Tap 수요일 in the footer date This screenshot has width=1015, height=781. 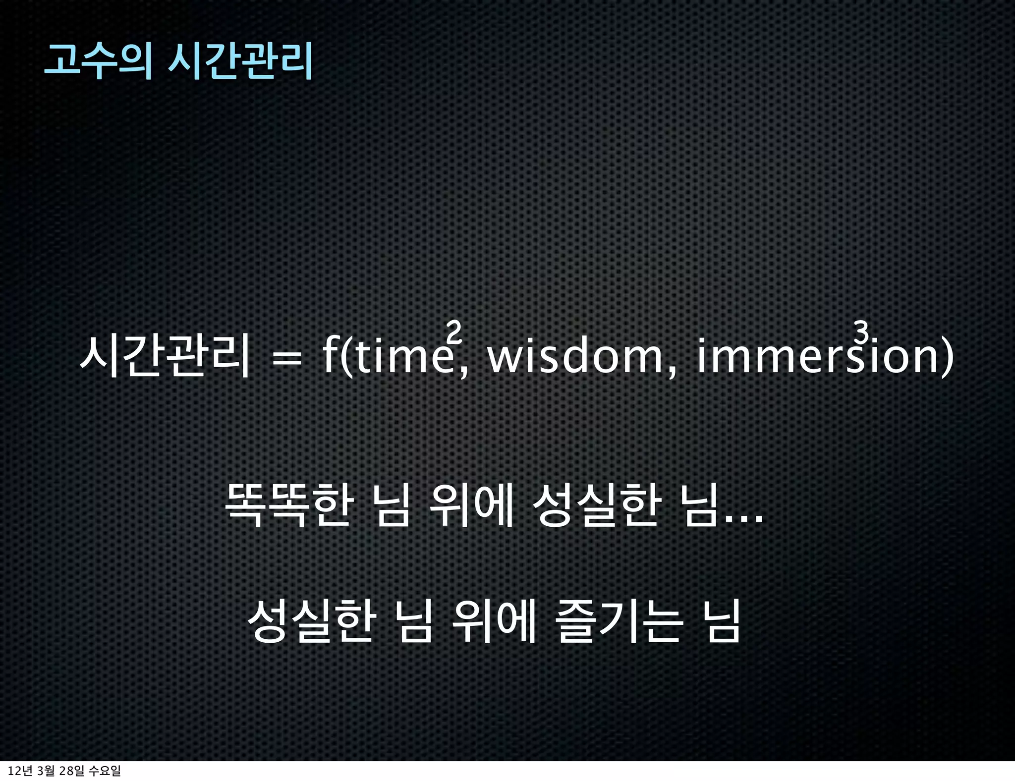click(x=104, y=771)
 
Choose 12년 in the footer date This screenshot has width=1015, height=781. click(x=20, y=771)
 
